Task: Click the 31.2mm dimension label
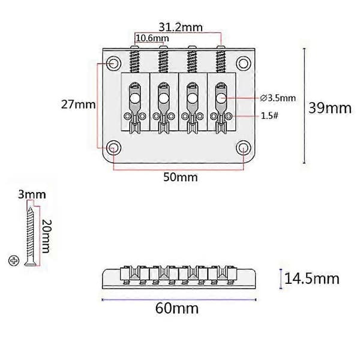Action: [x=181, y=28]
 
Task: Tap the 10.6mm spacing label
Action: [x=152, y=38]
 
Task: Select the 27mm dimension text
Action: [x=78, y=104]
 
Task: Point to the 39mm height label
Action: [x=329, y=108]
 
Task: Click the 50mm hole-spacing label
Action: [x=181, y=177]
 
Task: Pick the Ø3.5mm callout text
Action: [x=278, y=98]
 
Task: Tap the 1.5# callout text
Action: [x=269, y=116]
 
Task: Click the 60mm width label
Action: [x=177, y=308]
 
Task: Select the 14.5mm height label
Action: [x=312, y=279]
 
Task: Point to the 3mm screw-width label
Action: [x=32, y=194]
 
